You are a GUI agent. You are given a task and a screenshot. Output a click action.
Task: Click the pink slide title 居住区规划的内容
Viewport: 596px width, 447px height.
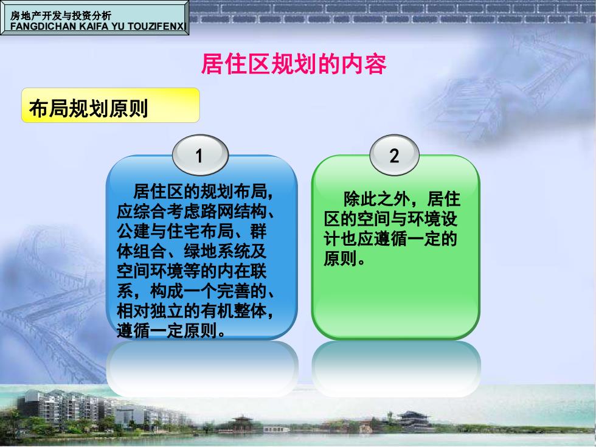(293, 64)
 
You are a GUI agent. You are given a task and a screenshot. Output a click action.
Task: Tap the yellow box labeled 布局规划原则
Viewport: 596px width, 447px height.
(110, 105)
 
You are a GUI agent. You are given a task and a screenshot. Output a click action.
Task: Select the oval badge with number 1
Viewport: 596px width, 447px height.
(200, 155)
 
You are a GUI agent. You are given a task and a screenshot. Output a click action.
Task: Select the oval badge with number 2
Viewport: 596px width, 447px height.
(394, 155)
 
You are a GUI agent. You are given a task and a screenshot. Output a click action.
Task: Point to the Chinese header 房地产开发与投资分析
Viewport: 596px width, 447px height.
(61, 16)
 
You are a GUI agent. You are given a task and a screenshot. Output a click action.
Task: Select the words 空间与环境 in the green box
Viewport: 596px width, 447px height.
(398, 219)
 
